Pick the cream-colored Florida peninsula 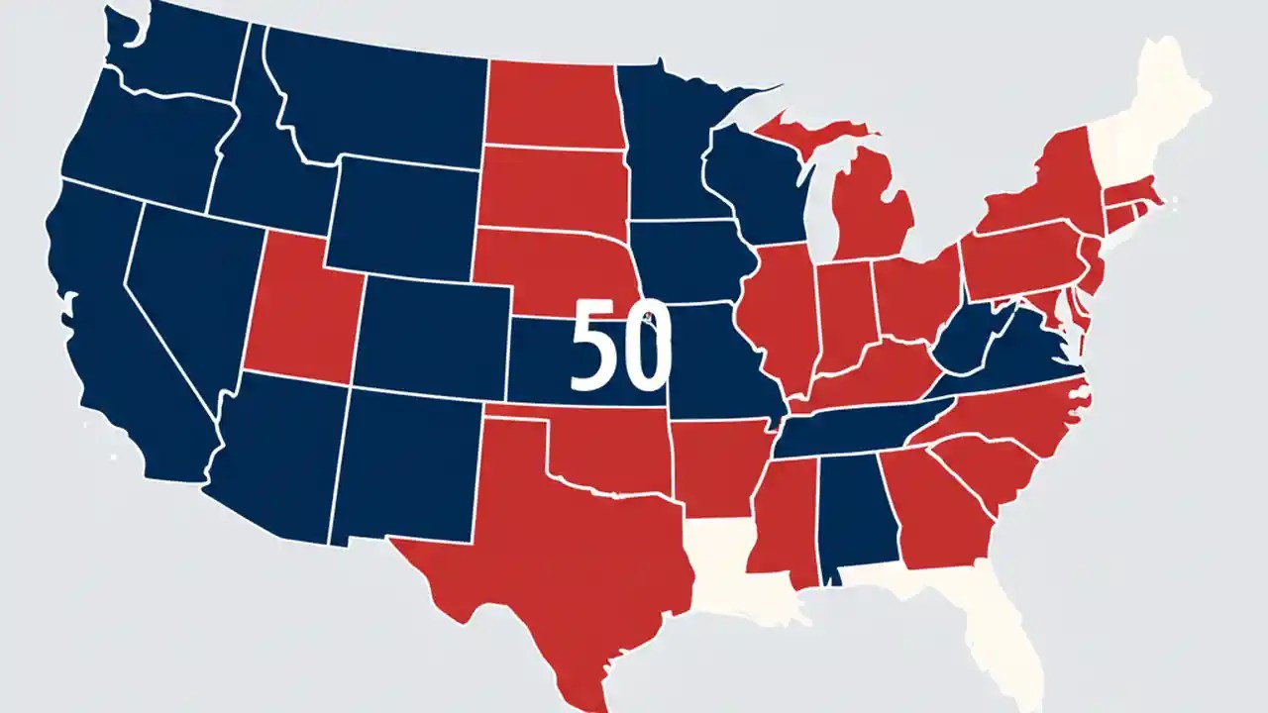(x=1001, y=634)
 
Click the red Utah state (x=297, y=307)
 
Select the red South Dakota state (x=550, y=188)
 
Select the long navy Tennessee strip (x=852, y=432)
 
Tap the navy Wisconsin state (x=758, y=178)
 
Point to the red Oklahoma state (x=604, y=446)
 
